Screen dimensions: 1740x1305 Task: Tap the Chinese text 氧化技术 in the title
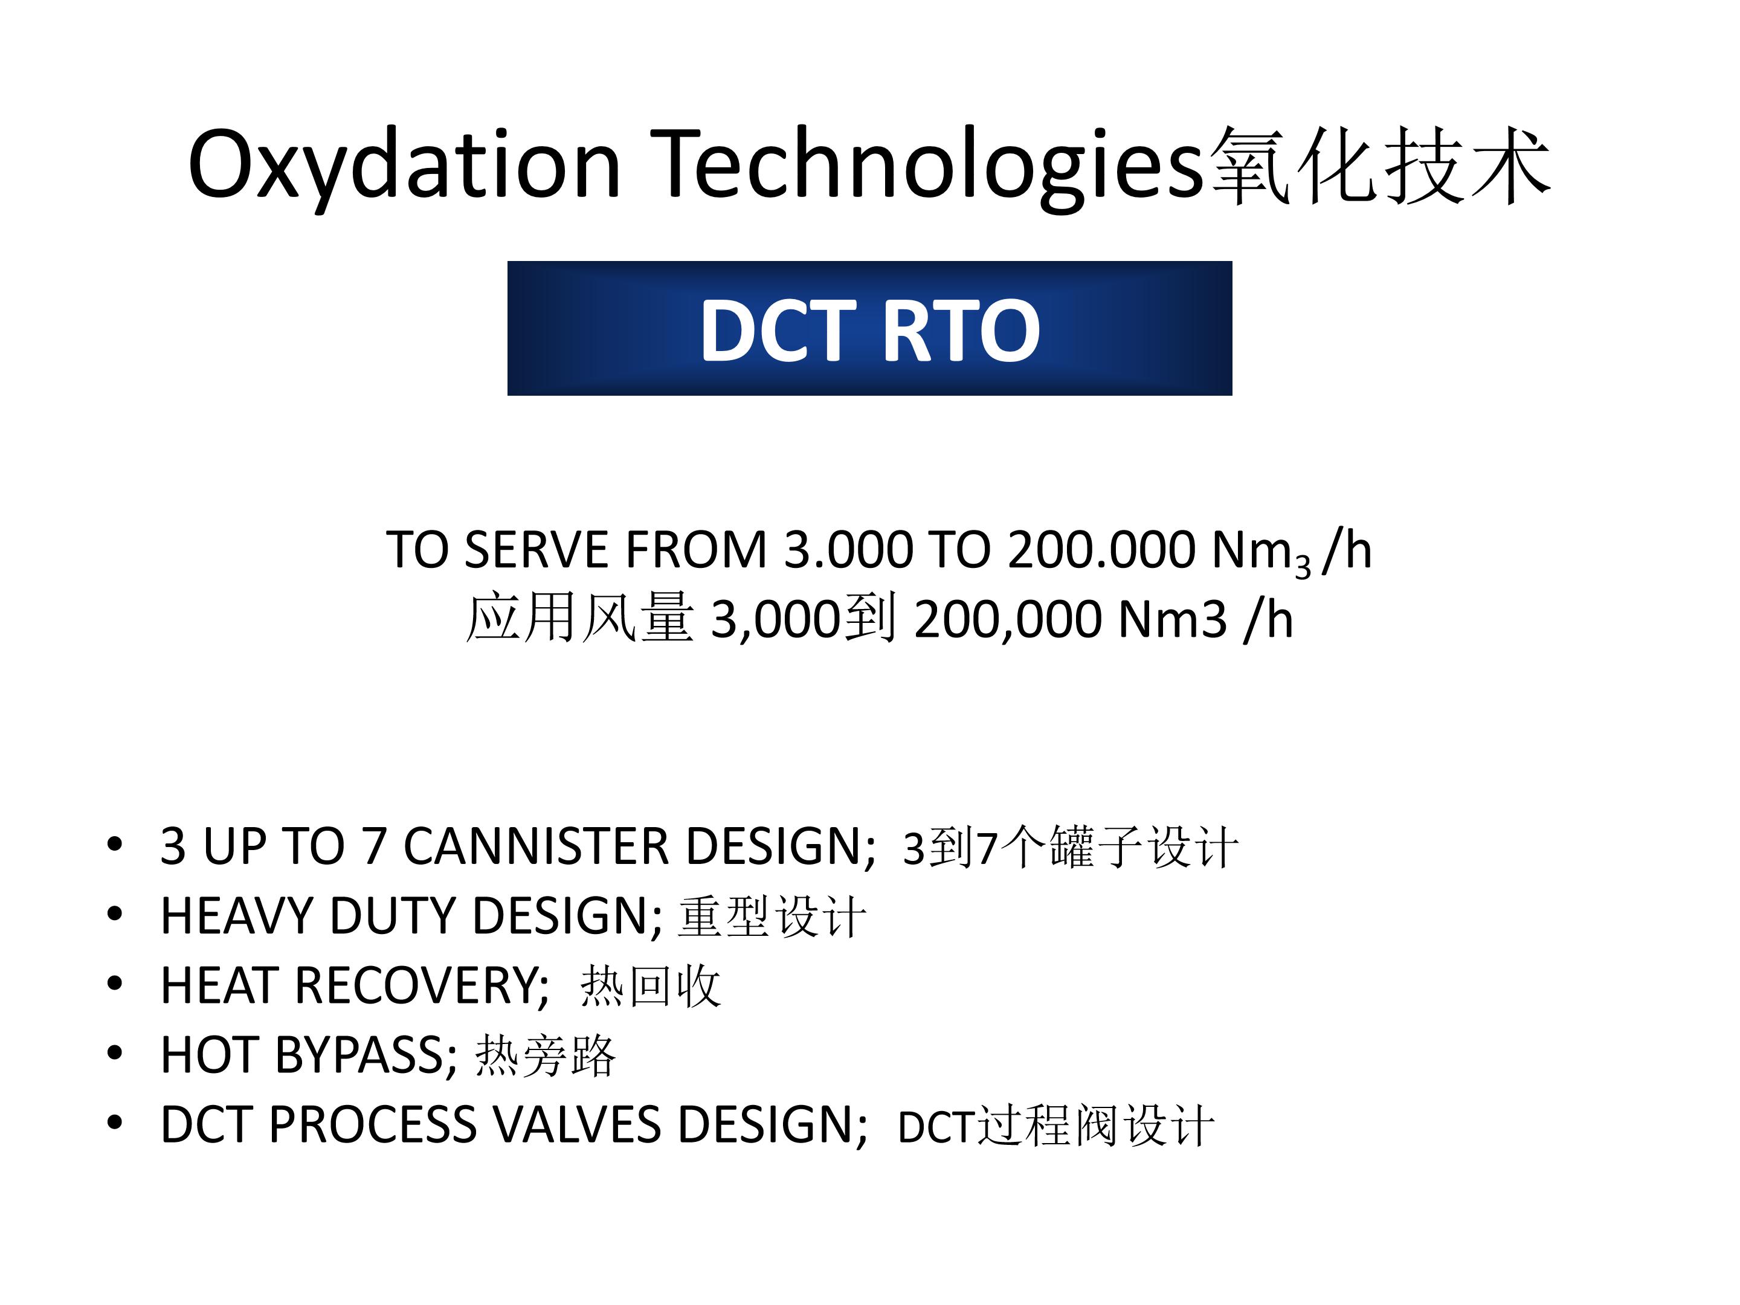(x=1380, y=167)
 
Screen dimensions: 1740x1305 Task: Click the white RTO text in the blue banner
(x=961, y=330)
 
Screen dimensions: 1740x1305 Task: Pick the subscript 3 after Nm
(x=1303, y=565)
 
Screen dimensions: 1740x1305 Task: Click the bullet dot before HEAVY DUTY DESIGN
(x=115, y=913)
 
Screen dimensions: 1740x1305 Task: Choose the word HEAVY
(x=236, y=916)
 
